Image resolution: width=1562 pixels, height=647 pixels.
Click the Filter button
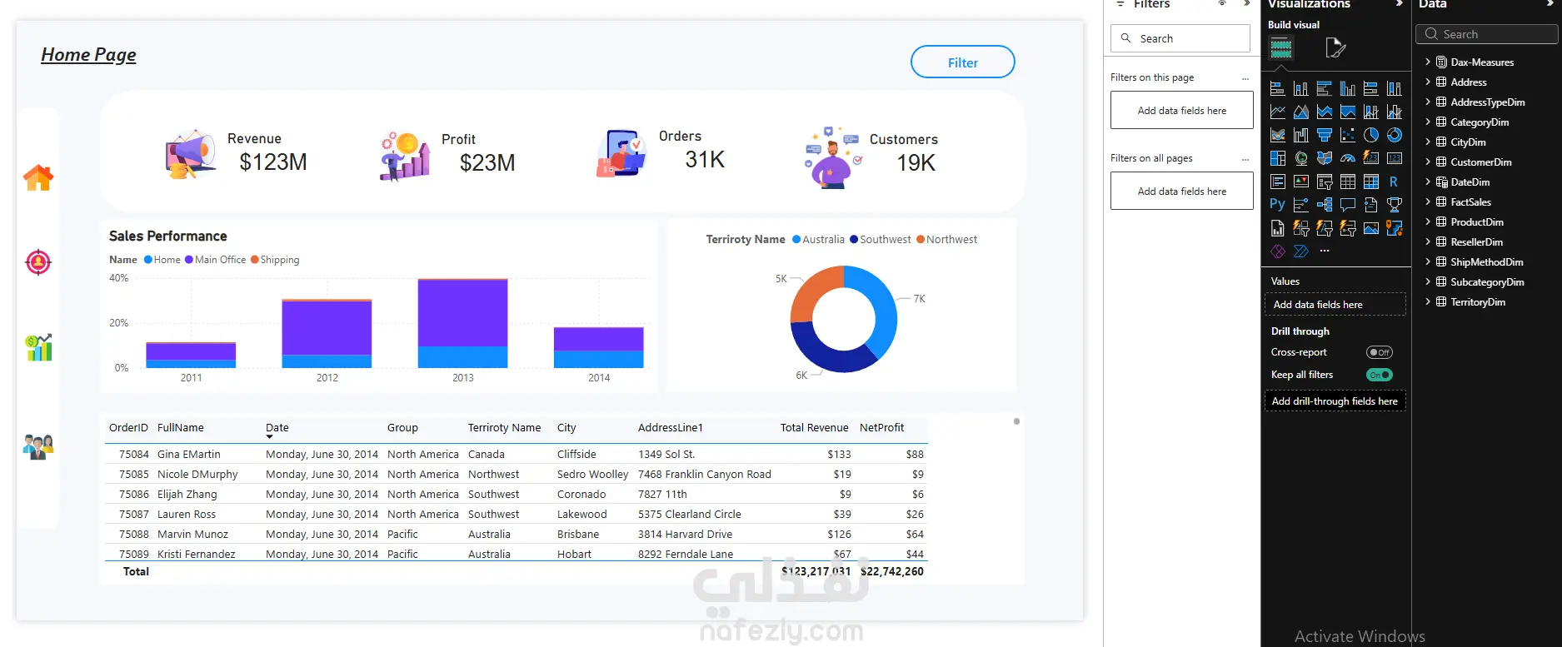pos(962,62)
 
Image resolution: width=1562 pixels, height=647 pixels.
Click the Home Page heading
pos(88,55)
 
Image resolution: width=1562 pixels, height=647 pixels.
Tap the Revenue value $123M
pos(273,162)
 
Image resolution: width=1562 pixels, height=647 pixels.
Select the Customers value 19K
pos(916,163)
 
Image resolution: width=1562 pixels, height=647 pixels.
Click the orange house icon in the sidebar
pos(38,177)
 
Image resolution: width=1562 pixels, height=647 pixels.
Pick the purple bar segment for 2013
pos(462,313)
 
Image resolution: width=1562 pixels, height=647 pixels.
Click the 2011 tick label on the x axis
pos(191,378)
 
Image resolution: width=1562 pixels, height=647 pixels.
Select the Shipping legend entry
pos(275,260)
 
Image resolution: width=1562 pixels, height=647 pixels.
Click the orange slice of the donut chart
pos(815,292)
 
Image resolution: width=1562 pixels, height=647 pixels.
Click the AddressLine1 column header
pos(671,428)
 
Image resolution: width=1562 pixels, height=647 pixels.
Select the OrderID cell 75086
pos(134,495)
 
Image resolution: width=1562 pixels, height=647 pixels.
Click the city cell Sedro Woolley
pos(592,475)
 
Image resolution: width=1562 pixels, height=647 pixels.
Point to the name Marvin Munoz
pos(192,535)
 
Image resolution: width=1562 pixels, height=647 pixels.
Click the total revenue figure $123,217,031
pos(816,571)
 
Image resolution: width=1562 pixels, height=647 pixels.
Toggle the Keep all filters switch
pos(1380,375)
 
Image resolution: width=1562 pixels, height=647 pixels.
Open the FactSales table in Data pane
pos(1470,202)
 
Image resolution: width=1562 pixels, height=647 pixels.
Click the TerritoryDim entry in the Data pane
pos(1477,302)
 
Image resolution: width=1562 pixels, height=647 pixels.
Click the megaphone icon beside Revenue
pos(191,154)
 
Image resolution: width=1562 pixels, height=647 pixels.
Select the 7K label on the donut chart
pos(919,299)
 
